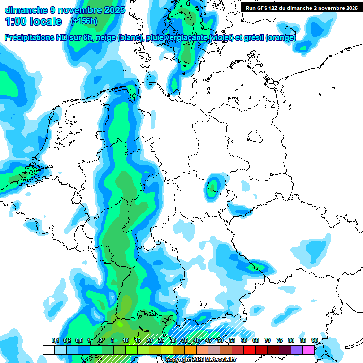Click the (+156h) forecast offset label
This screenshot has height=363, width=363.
84,21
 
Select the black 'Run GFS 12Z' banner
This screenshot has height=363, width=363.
302,8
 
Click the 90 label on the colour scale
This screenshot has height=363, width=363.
314,340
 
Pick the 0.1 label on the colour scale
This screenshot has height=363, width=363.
55,340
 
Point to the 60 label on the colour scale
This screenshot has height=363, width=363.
244,340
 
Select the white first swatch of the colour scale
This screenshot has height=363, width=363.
48,350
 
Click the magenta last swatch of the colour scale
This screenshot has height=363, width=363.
309,350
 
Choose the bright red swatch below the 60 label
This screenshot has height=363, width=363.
250,350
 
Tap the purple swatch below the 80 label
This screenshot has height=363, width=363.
297,350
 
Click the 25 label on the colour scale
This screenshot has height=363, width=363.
161,340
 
